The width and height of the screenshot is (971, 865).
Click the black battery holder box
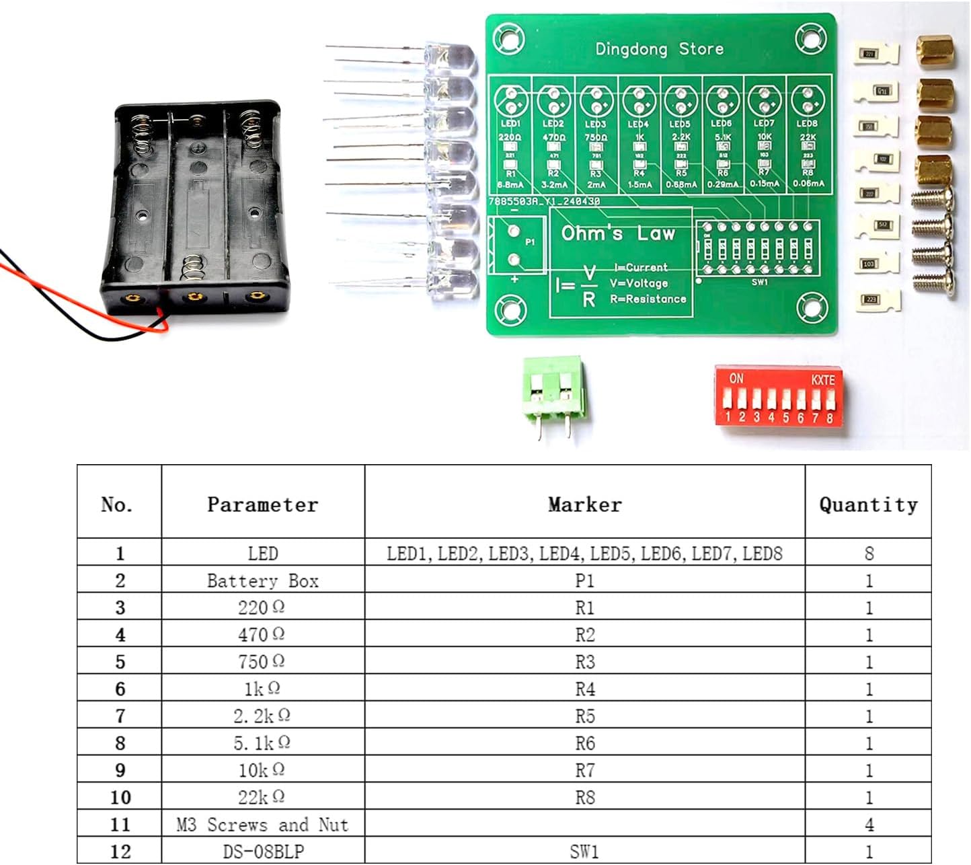coord(195,209)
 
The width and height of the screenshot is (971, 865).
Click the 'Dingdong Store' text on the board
coord(659,49)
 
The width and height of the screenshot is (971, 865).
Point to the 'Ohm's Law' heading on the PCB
coord(618,233)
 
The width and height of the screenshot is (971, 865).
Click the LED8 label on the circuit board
coord(806,124)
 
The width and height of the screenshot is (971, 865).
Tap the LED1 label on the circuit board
coord(510,124)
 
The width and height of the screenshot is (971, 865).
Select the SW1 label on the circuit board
coord(759,283)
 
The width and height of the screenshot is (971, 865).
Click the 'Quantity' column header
coord(868,504)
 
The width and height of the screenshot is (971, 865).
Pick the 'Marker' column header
coord(584,504)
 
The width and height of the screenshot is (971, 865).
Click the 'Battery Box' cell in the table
coord(262,580)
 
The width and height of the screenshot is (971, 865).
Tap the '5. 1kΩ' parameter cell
coord(262,743)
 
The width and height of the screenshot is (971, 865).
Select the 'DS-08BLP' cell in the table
coord(262,851)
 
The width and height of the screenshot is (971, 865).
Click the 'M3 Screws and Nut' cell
coord(262,824)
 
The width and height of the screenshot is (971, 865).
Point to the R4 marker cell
coord(584,689)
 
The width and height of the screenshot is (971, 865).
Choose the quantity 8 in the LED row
coord(868,554)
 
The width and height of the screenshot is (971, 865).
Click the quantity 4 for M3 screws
coord(868,824)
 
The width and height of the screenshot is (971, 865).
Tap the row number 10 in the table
coord(120,797)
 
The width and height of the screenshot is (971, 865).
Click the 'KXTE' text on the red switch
coord(822,380)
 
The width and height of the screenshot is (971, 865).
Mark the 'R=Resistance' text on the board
coord(648,299)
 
